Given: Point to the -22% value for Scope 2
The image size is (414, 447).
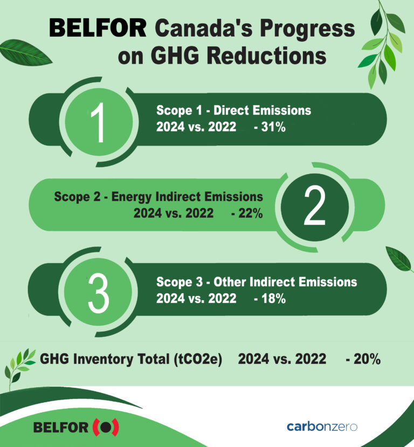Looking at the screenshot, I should point(246,214).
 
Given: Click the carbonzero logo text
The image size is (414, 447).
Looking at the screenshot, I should point(322,427).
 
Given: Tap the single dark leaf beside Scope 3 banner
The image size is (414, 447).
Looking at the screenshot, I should point(399,258).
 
